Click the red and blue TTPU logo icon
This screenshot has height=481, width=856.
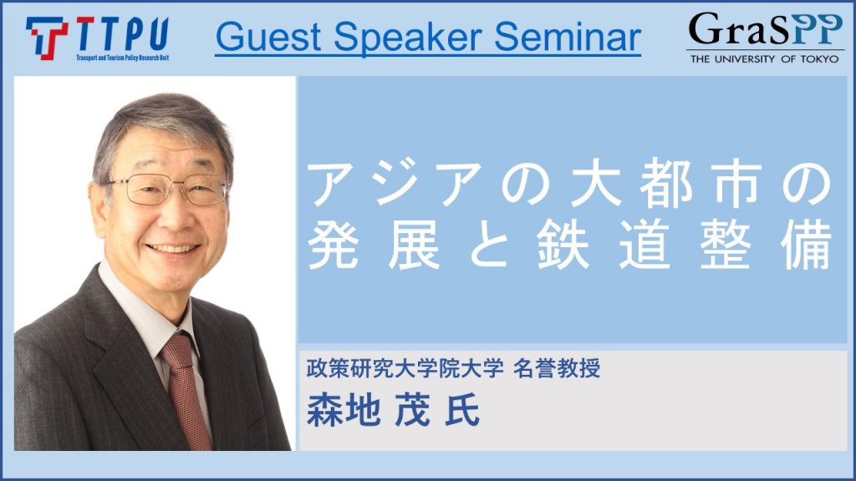(x=47, y=38)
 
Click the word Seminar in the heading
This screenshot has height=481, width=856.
(x=568, y=37)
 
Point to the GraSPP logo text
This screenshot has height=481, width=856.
(x=765, y=29)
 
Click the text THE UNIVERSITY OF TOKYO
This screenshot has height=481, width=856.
(x=764, y=59)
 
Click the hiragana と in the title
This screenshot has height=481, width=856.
(x=488, y=245)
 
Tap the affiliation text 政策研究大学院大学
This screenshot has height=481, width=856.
(x=405, y=368)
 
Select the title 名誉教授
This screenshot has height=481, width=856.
(x=557, y=368)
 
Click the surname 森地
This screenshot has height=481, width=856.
(x=344, y=409)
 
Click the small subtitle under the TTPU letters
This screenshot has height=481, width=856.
(x=122, y=58)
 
